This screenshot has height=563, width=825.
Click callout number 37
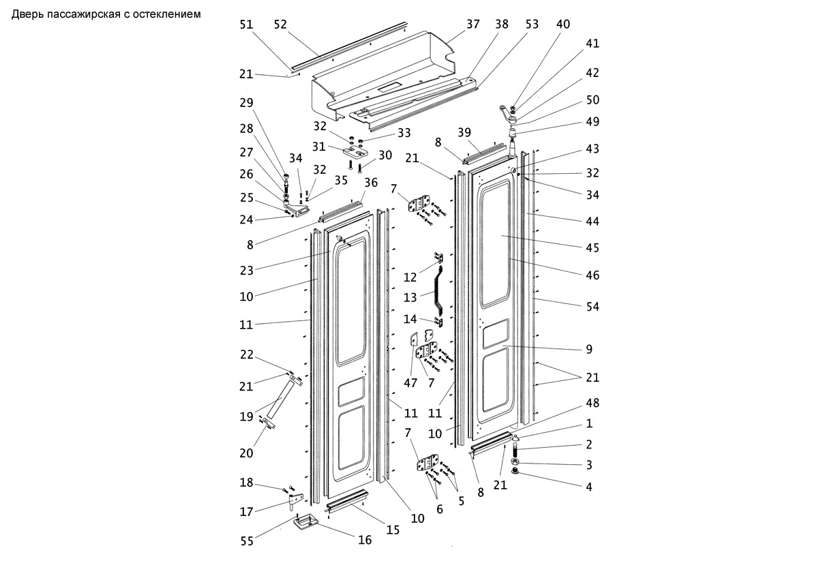point(473,24)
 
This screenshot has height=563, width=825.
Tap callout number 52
point(280,25)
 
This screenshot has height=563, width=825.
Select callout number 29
point(246,102)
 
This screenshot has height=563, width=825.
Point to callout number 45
point(592,247)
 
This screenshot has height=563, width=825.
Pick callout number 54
point(592,306)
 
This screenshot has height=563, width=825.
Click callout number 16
point(365,540)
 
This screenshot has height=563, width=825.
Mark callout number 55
point(247,541)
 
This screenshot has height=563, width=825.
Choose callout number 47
point(410,383)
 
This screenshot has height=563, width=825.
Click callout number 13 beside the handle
point(410,297)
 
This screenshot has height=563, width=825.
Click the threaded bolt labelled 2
point(515,451)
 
